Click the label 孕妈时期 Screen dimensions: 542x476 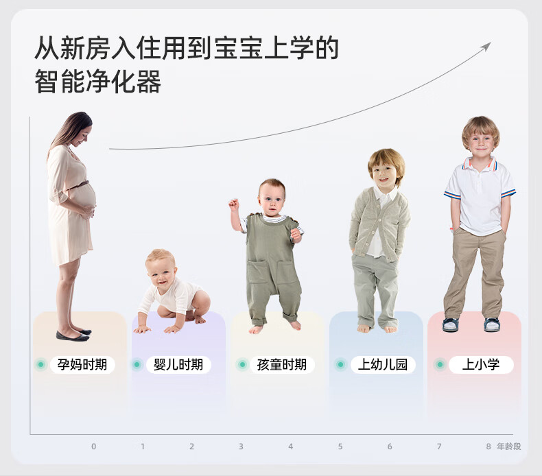[x=82, y=364]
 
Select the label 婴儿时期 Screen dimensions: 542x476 [x=178, y=364]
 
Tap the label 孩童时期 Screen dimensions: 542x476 [x=282, y=364]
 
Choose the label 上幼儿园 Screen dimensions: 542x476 [x=383, y=364]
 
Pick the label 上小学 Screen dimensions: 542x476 [x=481, y=364]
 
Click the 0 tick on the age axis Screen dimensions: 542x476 [x=94, y=447]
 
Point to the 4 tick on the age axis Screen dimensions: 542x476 [x=291, y=447]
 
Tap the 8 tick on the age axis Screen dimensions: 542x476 [x=488, y=447]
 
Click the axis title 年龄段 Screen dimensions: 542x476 [x=509, y=447]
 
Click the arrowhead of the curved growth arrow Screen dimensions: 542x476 [x=486, y=47]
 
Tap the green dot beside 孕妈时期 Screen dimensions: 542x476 [x=41, y=364]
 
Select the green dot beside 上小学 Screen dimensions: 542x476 [x=440, y=364]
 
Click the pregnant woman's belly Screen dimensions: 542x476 [x=84, y=195]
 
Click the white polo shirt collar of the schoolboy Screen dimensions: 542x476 [x=480, y=163]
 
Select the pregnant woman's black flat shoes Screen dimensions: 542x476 [x=73, y=334]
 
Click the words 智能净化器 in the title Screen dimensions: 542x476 [x=98, y=82]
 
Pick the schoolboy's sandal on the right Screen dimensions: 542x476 [x=492, y=325]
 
